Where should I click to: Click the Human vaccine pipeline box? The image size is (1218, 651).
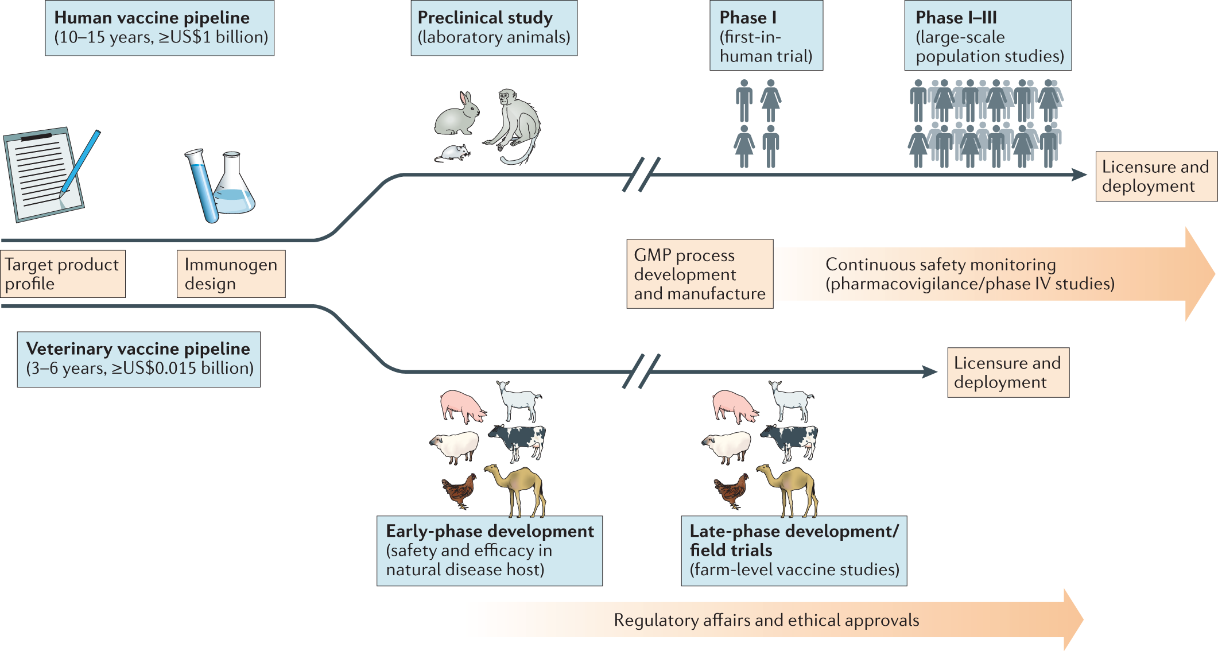[160, 28]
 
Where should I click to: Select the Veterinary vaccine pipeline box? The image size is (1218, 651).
[138, 359]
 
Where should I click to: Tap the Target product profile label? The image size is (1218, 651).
[63, 274]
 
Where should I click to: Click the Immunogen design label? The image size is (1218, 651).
[231, 274]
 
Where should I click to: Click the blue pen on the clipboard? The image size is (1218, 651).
[80, 164]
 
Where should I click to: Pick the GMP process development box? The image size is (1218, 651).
[699, 274]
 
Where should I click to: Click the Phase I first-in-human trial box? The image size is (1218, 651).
[766, 36]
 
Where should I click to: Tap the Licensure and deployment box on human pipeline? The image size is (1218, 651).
[1155, 176]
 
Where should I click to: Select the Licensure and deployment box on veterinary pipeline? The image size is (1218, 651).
[1008, 372]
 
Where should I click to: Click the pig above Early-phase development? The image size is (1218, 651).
[463, 405]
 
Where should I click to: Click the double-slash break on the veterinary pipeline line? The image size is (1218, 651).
[641, 371]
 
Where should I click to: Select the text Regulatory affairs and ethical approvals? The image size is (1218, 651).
[766, 620]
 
